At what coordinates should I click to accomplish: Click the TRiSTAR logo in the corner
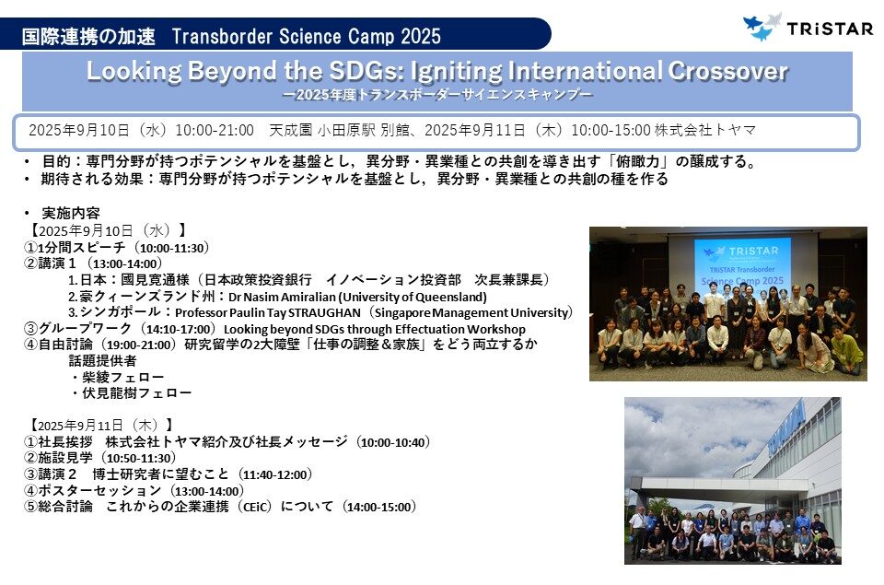click(808, 27)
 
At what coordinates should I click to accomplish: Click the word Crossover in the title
click(727, 71)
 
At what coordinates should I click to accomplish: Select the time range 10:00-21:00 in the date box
click(215, 130)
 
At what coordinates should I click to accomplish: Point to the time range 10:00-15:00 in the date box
click(611, 130)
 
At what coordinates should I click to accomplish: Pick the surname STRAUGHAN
click(324, 312)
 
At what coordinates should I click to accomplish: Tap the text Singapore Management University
click(471, 312)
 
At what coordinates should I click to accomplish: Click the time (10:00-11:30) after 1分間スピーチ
click(174, 248)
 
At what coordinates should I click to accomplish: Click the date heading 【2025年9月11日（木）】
click(100, 425)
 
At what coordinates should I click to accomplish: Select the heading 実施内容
click(71, 213)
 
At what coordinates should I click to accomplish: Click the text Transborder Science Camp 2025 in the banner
click(306, 37)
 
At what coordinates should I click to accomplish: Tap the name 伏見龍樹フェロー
click(136, 393)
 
